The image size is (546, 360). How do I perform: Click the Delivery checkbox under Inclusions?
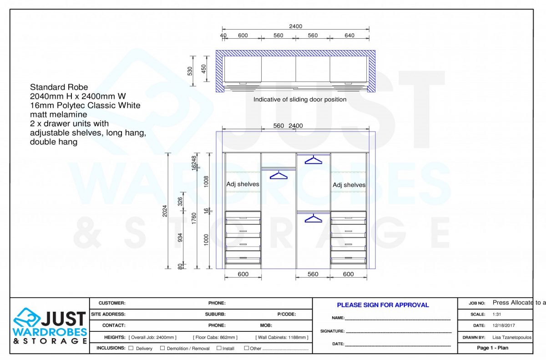click(131, 348)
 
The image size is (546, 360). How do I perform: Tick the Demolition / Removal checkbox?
click(162, 348)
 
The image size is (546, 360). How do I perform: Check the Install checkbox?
click(219, 348)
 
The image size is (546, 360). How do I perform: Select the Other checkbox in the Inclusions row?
click(247, 348)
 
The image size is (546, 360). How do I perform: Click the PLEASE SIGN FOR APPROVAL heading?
click(383, 305)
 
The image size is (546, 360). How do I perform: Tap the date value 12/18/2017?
click(504, 325)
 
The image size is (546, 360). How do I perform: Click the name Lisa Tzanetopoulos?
click(511, 338)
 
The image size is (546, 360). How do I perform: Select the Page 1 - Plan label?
click(492, 348)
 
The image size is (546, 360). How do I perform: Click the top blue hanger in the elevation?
click(313, 160)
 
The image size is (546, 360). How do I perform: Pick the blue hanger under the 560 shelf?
click(279, 175)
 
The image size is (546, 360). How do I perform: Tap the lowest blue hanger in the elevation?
click(313, 219)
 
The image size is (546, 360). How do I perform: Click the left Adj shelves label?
click(243, 184)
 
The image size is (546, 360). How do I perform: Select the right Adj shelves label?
click(349, 185)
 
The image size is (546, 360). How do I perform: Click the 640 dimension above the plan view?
click(349, 35)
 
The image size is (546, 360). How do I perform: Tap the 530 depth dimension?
click(190, 71)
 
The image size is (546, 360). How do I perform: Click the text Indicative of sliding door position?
click(300, 99)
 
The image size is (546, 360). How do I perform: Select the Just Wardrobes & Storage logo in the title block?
click(50, 326)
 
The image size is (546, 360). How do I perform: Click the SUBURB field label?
click(215, 314)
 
